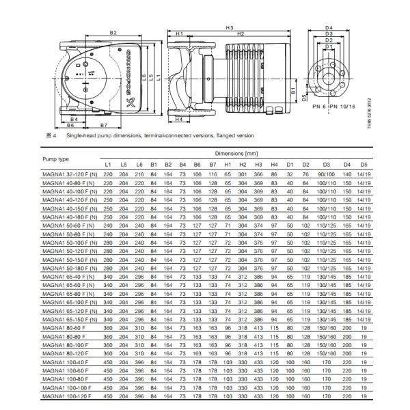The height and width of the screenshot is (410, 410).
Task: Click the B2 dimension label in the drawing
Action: (x=113, y=33)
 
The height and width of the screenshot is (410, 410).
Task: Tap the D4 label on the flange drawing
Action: (x=329, y=27)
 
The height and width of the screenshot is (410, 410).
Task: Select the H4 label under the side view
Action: (x=178, y=119)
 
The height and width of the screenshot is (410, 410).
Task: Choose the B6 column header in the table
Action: (x=197, y=166)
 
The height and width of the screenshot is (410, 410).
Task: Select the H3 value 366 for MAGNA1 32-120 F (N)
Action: (x=258, y=175)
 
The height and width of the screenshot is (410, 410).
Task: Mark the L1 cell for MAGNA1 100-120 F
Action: (x=108, y=396)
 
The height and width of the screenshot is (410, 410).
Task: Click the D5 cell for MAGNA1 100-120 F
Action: (x=365, y=396)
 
